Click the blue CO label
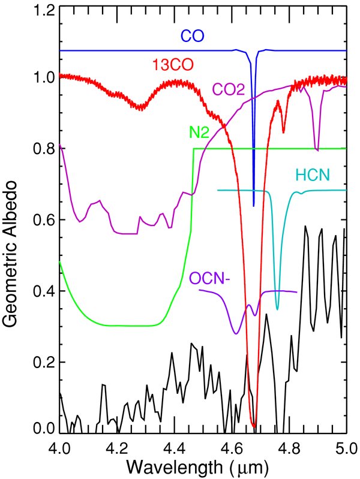point(192,36)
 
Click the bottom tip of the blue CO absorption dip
point(254,206)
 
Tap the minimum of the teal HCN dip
point(277,309)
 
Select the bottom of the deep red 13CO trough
point(254,427)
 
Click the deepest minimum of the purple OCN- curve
point(236,333)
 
